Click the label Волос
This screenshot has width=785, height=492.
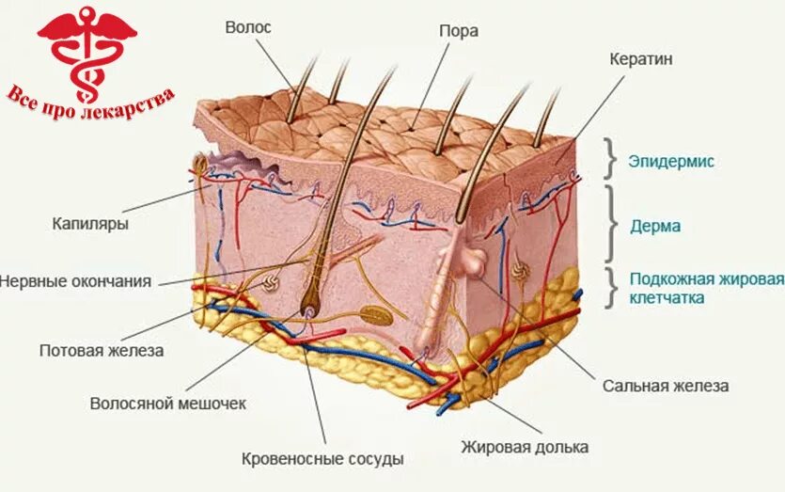point(248,27)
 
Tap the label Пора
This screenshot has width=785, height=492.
point(459,31)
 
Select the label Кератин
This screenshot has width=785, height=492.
point(641,58)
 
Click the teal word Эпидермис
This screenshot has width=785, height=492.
point(671,161)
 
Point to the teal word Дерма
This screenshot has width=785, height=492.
point(656,226)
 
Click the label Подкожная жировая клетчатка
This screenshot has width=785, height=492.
point(706,289)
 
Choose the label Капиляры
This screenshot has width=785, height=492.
point(91,224)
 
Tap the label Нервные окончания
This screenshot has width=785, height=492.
point(76,280)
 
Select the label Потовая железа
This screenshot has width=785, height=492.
point(102,350)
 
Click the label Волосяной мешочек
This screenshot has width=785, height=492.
point(167,403)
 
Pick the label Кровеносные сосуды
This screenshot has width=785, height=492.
point(322,459)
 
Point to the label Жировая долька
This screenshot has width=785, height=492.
point(525,447)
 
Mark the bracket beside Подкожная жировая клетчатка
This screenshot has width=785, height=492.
point(611,287)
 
